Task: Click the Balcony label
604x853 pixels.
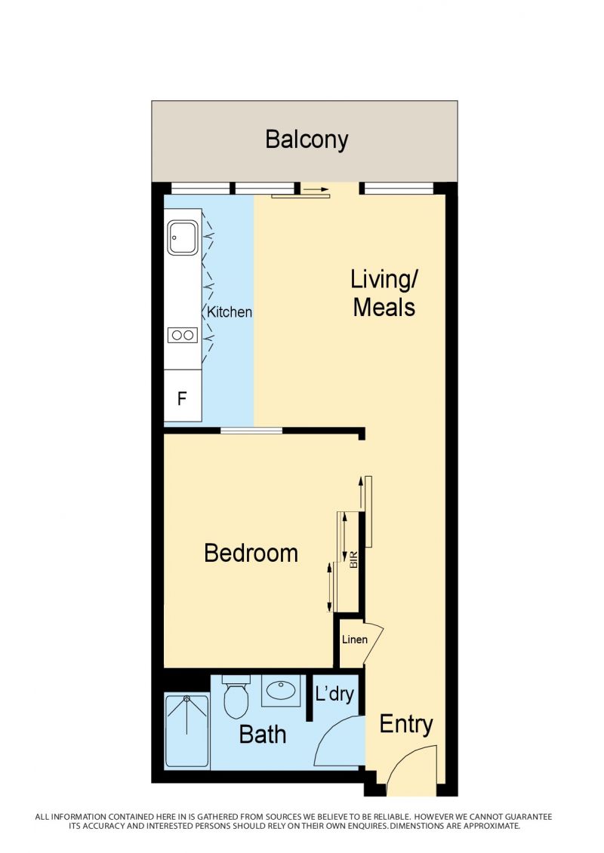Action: [x=307, y=140]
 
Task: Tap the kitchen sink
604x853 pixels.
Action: [x=182, y=237]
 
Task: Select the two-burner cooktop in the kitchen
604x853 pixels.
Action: [x=183, y=335]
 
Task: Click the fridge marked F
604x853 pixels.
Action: [x=183, y=395]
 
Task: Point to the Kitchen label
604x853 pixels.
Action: [x=230, y=312]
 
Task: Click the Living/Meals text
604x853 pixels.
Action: [x=384, y=293]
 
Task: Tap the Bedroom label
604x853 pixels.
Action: [x=251, y=554]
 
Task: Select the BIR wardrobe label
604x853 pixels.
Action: [x=354, y=560]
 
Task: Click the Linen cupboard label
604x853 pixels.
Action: [x=355, y=640]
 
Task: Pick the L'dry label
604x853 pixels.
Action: [x=334, y=694]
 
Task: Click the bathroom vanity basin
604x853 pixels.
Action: [x=281, y=691]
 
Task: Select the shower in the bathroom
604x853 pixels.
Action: [x=186, y=731]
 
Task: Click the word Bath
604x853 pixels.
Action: [x=263, y=735]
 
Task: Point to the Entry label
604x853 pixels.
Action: [x=405, y=724]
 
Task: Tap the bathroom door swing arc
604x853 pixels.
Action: [x=329, y=729]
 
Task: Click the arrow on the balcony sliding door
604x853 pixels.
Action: [x=316, y=190]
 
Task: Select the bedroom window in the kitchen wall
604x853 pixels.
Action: [x=251, y=431]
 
